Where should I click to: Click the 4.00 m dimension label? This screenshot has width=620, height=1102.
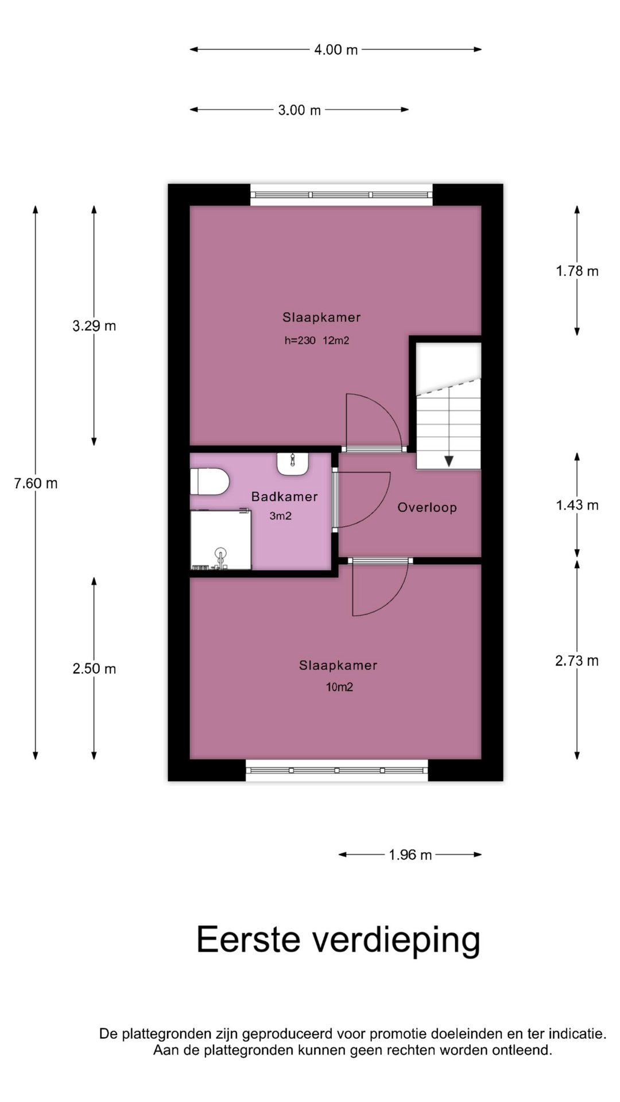click(336, 50)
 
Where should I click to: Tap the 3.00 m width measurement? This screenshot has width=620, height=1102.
click(299, 110)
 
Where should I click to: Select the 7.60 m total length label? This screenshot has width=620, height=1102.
click(36, 483)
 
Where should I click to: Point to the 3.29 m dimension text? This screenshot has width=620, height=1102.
click(94, 326)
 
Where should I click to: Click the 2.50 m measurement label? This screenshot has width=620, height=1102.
click(94, 669)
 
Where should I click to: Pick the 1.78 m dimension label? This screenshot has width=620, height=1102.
click(577, 271)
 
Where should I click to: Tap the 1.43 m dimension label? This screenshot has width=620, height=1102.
click(577, 505)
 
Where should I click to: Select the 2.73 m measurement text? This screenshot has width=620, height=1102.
click(577, 661)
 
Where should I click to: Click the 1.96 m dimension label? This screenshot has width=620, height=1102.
click(410, 855)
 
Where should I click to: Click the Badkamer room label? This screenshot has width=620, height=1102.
click(285, 496)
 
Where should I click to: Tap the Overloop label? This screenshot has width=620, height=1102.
click(427, 507)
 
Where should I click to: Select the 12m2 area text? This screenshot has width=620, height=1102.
click(336, 340)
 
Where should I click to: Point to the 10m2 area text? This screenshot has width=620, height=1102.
click(339, 687)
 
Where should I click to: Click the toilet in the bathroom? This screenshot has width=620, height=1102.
click(210, 482)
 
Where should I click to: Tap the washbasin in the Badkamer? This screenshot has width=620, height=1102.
click(293, 464)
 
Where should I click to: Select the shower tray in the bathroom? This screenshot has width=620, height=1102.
click(221, 540)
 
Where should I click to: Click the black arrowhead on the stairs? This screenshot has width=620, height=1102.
click(449, 461)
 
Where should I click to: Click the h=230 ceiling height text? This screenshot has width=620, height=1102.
click(300, 340)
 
